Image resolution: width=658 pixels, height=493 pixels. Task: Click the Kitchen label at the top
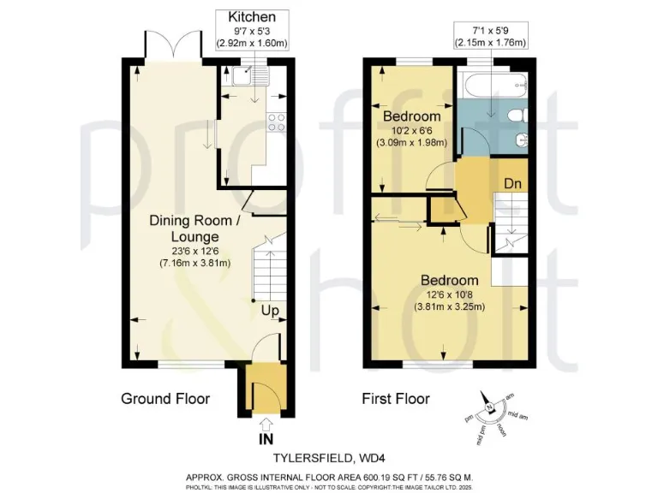click(x=253, y=17)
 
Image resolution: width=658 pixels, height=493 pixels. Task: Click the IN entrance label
click(x=266, y=438)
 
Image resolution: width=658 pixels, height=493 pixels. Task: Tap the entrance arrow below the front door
click(x=266, y=422)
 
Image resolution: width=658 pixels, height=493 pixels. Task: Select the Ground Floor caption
click(x=165, y=399)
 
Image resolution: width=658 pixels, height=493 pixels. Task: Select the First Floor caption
click(x=397, y=399)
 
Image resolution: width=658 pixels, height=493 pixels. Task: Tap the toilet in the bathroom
click(x=520, y=116)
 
